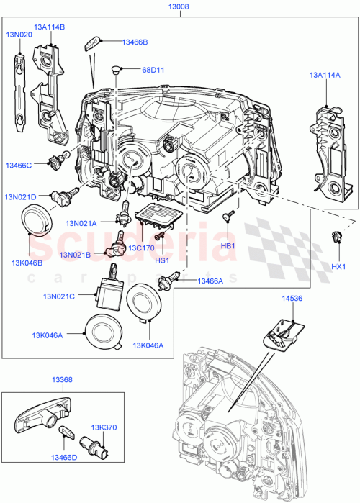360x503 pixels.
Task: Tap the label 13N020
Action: [19, 34]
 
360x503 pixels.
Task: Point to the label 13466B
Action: [135, 42]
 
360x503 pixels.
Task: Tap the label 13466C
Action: [19, 166]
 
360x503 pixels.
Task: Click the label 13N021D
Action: [22, 197]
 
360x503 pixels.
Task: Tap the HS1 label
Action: [162, 260]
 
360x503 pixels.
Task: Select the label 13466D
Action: [67, 455]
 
